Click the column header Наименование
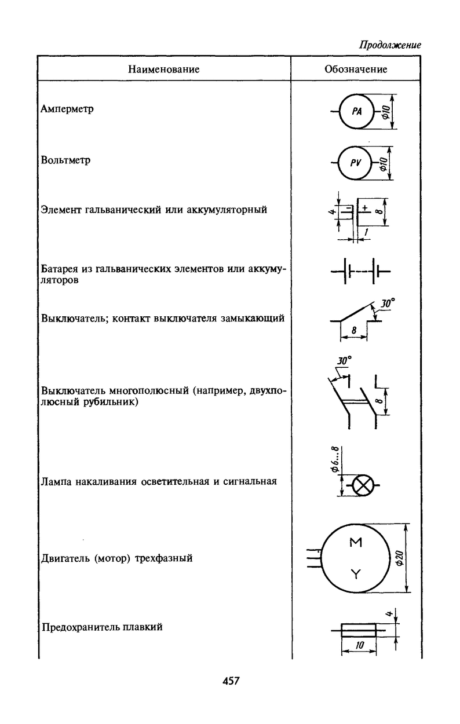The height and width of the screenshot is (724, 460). [163, 70]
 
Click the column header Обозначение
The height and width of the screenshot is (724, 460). [356, 70]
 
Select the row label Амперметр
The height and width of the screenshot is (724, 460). [68, 109]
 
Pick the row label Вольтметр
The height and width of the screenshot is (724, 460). [66, 160]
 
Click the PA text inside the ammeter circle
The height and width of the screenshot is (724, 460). [356, 112]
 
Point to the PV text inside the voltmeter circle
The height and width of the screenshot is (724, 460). [356, 163]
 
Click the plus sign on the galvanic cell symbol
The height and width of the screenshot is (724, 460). [365, 206]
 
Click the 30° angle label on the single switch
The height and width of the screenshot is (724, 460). [388, 303]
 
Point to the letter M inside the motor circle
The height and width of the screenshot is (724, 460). [356, 543]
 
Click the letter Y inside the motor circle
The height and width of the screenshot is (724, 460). [356, 574]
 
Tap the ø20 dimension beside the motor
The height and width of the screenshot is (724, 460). [399, 558]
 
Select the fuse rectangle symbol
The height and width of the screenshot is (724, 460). [359, 630]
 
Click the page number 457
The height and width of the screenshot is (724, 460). [231, 681]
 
